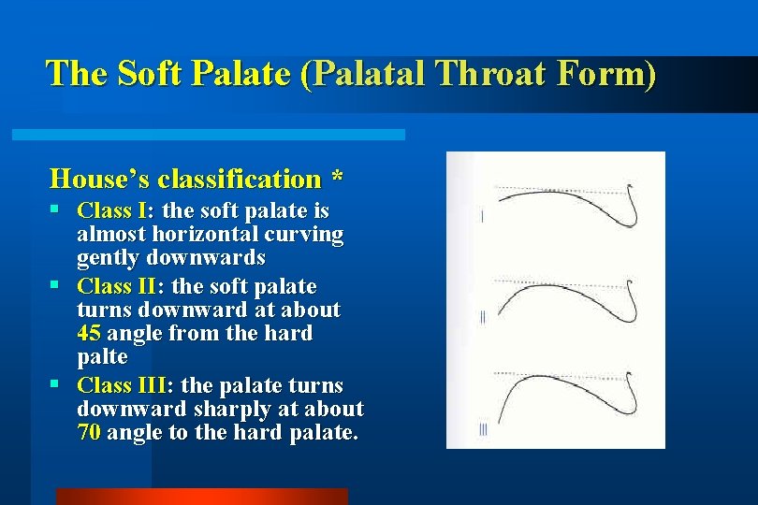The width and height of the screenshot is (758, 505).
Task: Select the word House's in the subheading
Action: [x=100, y=178]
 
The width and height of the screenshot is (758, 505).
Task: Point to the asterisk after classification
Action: [x=336, y=178]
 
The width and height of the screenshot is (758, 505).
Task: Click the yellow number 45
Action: [x=91, y=334]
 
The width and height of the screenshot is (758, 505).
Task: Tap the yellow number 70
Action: [x=90, y=433]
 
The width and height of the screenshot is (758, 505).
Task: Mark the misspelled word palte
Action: [x=103, y=357]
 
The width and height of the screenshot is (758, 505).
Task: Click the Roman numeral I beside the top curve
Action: [x=482, y=217]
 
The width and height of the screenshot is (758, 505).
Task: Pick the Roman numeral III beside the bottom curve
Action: [x=483, y=429]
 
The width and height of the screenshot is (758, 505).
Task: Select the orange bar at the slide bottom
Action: [x=201, y=497]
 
